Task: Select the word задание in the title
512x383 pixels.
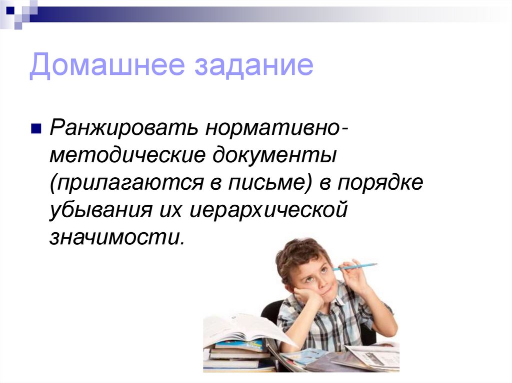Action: pos(250,66)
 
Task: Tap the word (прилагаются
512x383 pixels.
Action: pos(123,183)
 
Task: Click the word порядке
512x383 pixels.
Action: pos(380,183)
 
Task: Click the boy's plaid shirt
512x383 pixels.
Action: pos(330,320)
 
